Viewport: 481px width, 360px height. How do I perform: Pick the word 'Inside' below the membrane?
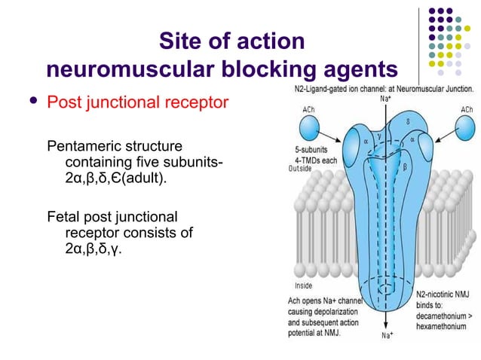tap(304, 285)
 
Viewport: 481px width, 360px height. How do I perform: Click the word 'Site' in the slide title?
tap(181, 41)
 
